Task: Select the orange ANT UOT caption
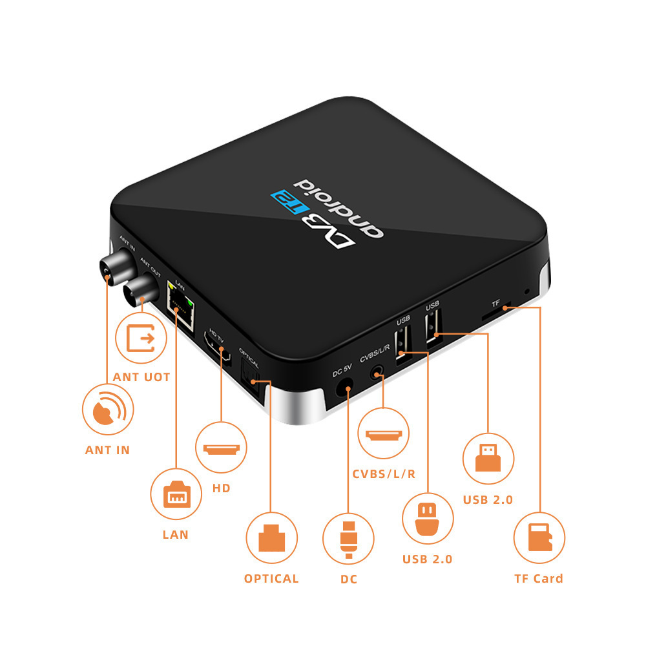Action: (x=141, y=377)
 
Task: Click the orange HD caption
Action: (x=221, y=488)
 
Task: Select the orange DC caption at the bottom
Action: (x=348, y=579)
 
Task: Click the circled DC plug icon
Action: (x=348, y=537)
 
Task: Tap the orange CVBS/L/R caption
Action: (x=384, y=474)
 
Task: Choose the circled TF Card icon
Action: (x=539, y=537)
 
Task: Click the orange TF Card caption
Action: (x=539, y=578)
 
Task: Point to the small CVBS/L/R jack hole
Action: (x=378, y=373)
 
